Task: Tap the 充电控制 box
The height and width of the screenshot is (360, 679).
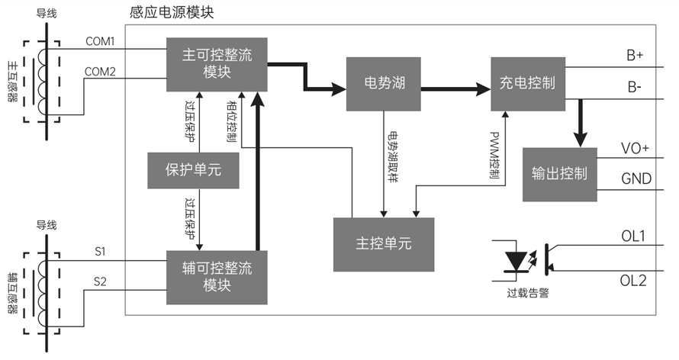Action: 527,82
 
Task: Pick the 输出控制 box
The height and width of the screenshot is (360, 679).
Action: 559,173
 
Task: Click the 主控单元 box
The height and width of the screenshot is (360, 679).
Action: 383,244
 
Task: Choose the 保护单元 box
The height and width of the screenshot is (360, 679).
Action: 193,169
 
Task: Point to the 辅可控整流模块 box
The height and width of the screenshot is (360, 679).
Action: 217,275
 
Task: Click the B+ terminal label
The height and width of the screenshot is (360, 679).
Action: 635,56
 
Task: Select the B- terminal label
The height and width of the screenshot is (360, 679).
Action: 634,88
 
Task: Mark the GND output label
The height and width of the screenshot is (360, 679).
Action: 636,179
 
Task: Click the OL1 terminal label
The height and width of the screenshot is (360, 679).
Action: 632,236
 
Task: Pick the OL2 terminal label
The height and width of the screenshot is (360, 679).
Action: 632,281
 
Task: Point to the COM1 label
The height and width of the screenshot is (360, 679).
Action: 99,41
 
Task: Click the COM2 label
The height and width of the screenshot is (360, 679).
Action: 99,72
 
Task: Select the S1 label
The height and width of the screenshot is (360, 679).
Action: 100,250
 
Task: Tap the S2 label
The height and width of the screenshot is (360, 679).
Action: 100,281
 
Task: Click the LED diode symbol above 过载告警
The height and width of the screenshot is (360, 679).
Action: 517,261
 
